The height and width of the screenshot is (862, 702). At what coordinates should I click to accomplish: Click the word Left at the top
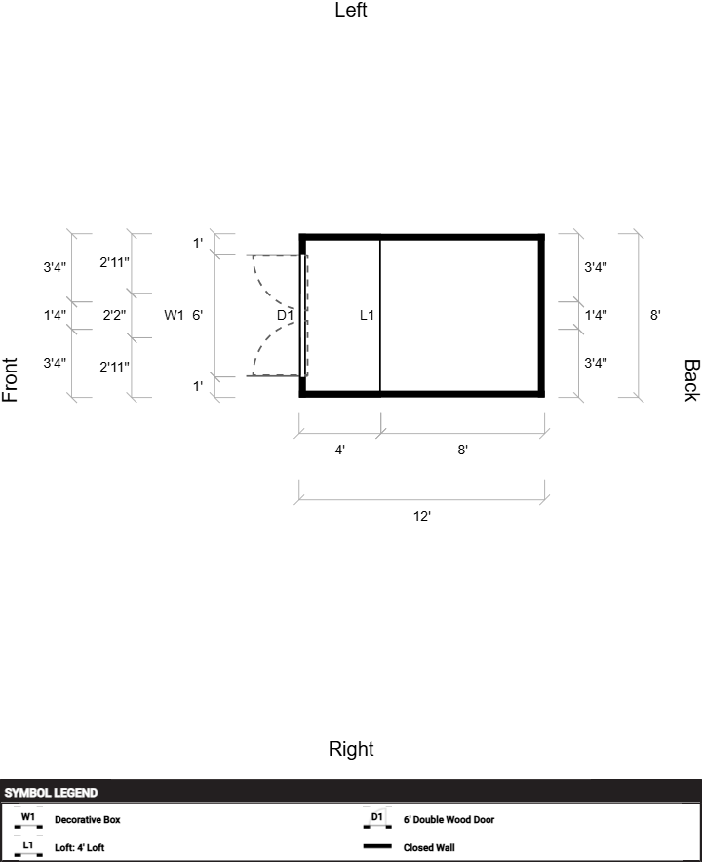pyautogui.click(x=351, y=11)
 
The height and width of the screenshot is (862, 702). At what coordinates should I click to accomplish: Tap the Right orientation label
pyautogui.click(x=351, y=749)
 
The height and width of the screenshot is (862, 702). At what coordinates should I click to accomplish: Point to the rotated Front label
pyautogui.click(x=11, y=380)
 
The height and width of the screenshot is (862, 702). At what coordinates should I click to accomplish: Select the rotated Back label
pyautogui.click(x=690, y=380)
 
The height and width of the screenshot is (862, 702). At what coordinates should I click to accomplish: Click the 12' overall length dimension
pyautogui.click(x=421, y=516)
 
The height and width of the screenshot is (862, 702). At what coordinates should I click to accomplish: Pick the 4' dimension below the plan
pyautogui.click(x=340, y=450)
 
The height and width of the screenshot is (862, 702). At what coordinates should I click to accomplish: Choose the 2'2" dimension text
pyautogui.click(x=114, y=315)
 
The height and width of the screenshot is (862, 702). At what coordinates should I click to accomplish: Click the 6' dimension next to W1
pyautogui.click(x=198, y=315)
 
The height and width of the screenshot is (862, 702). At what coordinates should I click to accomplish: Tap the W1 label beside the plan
pyautogui.click(x=174, y=315)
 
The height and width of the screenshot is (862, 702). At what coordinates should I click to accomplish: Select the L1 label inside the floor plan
pyautogui.click(x=367, y=315)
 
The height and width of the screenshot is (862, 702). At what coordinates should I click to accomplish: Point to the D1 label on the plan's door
pyautogui.click(x=285, y=315)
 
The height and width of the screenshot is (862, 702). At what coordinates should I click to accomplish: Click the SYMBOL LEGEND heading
pyautogui.click(x=51, y=793)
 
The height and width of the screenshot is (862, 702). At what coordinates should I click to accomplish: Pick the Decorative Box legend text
pyautogui.click(x=87, y=820)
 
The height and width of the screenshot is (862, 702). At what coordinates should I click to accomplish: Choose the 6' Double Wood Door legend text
pyautogui.click(x=448, y=820)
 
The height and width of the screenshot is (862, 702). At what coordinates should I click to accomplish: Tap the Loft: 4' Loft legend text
pyautogui.click(x=79, y=848)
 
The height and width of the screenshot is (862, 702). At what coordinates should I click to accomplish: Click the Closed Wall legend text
pyautogui.click(x=429, y=848)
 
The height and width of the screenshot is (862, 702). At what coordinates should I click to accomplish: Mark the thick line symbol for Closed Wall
pyautogui.click(x=377, y=847)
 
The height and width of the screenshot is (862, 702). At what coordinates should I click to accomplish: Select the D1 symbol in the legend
pyautogui.click(x=377, y=818)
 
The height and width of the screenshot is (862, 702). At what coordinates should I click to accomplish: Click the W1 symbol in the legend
pyautogui.click(x=28, y=818)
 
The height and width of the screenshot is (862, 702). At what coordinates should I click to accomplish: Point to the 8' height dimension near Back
pyautogui.click(x=656, y=315)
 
